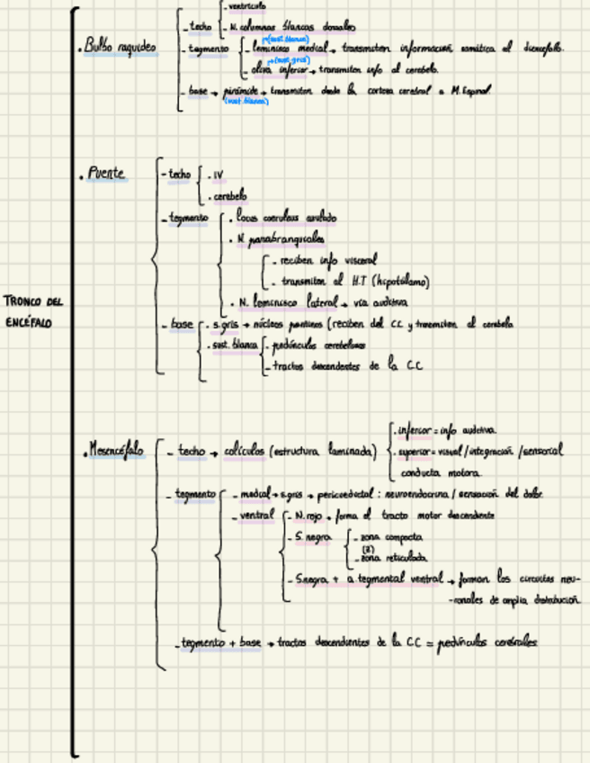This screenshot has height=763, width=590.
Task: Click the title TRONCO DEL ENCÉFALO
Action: pyautogui.click(x=33, y=310)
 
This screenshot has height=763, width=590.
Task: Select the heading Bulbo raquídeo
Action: pyautogui.click(x=120, y=47)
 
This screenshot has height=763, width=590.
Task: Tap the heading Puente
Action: pyautogui.click(x=106, y=174)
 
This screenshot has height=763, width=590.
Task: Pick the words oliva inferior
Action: pyautogui.click(x=278, y=69)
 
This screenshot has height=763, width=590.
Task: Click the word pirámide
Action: pyautogui.click(x=244, y=91)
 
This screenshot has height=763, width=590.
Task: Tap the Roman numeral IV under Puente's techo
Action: pyautogui.click(x=219, y=175)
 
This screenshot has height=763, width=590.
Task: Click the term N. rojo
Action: pyautogui.click(x=300, y=516)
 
